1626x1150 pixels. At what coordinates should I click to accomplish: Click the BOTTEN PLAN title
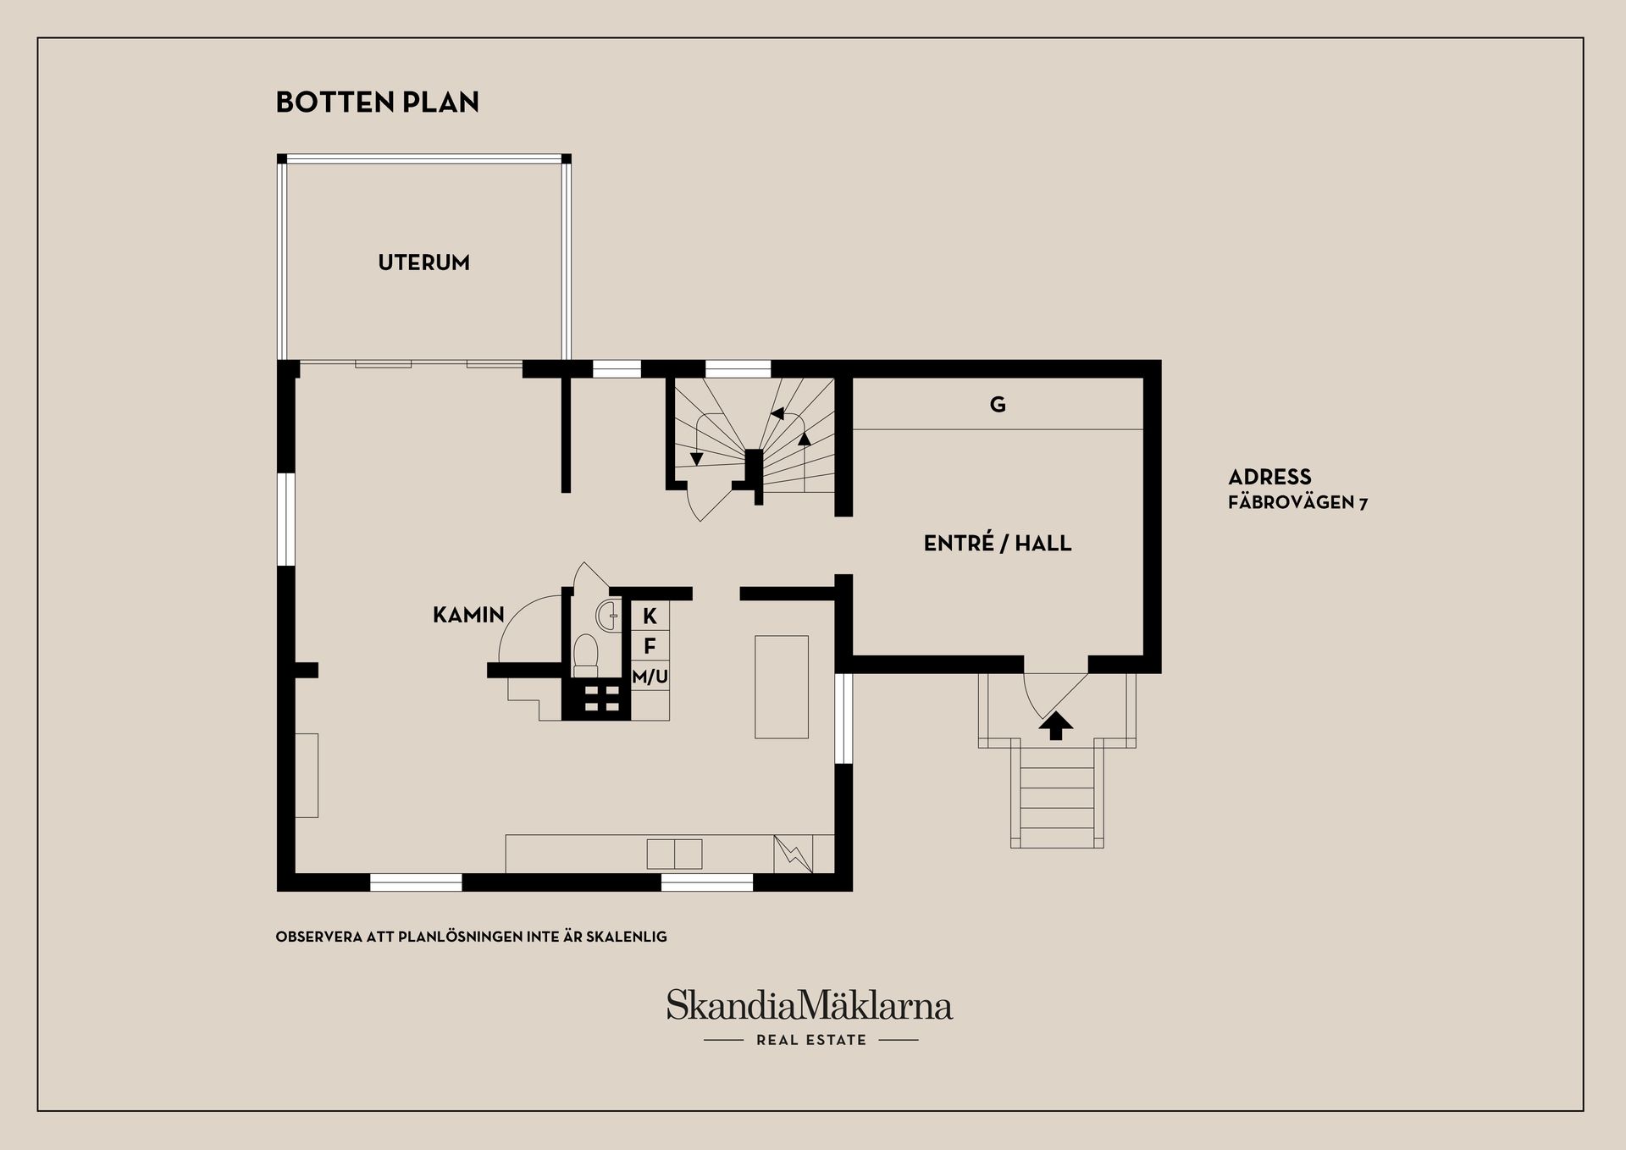[378, 102]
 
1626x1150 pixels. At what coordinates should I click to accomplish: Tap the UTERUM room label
[423, 263]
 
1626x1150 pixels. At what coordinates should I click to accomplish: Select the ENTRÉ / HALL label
[998, 543]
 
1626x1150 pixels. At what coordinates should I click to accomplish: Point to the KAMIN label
[468, 615]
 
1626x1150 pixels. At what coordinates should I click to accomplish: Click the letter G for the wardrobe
[998, 405]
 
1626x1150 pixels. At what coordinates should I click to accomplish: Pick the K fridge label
[650, 616]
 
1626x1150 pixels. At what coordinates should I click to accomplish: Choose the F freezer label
[650, 646]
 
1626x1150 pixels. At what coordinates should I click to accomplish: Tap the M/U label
[650, 677]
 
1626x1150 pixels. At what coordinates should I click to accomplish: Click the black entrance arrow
[1055, 726]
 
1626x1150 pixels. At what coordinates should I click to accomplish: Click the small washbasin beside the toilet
[607, 615]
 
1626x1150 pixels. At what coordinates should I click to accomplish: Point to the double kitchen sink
[674, 854]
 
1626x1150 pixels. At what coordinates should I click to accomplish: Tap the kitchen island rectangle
[782, 687]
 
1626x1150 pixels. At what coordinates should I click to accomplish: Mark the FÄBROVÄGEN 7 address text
[1297, 503]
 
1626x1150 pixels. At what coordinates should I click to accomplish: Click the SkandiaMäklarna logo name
[810, 1004]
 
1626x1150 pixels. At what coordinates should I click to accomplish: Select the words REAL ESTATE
[811, 1040]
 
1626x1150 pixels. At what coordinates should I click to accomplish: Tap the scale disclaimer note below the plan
[472, 937]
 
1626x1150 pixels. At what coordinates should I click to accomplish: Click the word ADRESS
[1269, 477]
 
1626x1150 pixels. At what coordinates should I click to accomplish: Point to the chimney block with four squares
[596, 699]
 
